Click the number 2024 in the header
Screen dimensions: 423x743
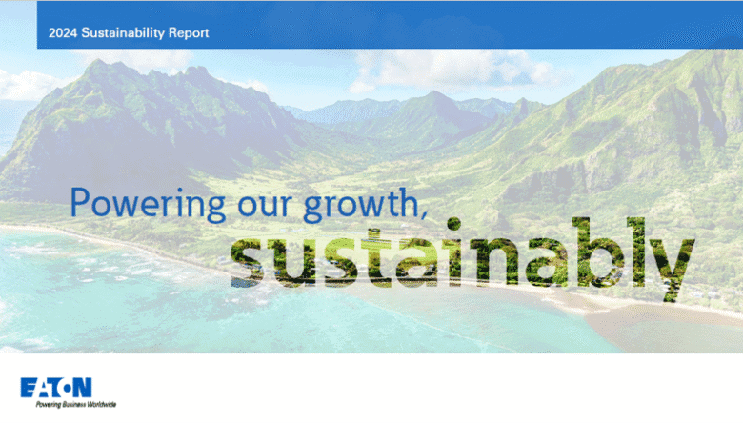tap(63, 33)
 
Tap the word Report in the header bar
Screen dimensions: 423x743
tap(187, 33)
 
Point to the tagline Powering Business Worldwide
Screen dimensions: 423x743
tap(69, 404)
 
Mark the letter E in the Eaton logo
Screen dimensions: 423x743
tap(28, 387)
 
